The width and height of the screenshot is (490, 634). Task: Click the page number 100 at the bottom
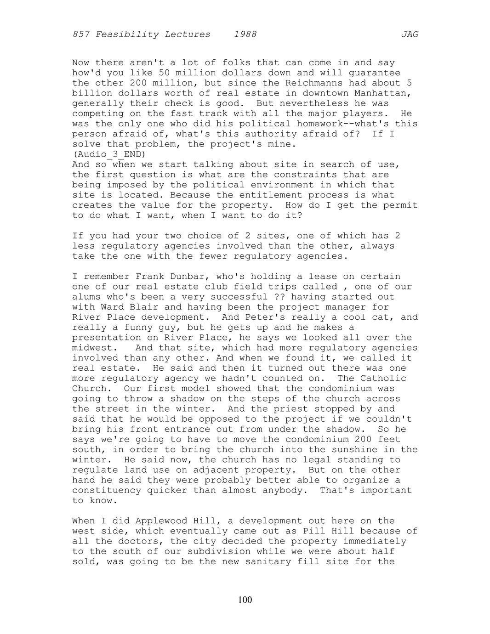[245, 600]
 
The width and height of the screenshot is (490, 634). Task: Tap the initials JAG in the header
[409, 34]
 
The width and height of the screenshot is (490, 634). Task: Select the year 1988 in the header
[245, 34]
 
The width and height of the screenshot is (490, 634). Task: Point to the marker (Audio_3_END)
[109, 154]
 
